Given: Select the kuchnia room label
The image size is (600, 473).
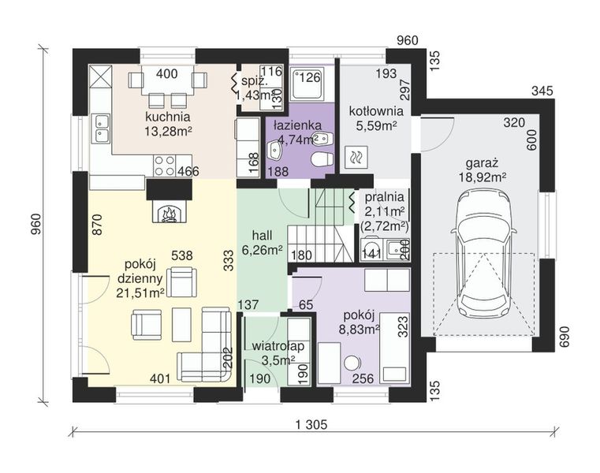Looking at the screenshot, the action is click(168, 117).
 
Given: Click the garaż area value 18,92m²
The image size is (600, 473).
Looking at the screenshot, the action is click(483, 177).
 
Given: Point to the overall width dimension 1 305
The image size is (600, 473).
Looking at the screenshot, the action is click(312, 424).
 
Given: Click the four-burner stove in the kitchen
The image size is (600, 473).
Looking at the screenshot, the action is click(165, 166).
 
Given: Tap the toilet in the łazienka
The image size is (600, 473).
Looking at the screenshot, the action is click(322, 158).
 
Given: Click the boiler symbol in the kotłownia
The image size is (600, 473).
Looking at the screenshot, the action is click(356, 158).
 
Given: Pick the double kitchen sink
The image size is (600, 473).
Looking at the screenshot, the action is click(101, 128).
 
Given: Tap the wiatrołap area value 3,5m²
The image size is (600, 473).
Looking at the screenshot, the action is click(278, 359).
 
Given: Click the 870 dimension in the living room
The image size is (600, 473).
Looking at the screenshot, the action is click(97, 224).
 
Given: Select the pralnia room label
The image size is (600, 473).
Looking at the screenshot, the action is click(384, 197).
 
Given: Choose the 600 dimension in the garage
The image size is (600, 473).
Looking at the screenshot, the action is click(532, 140).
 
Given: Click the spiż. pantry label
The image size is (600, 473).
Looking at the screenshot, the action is click(255, 81).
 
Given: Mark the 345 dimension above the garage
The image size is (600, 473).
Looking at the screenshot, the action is click(542, 91).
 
